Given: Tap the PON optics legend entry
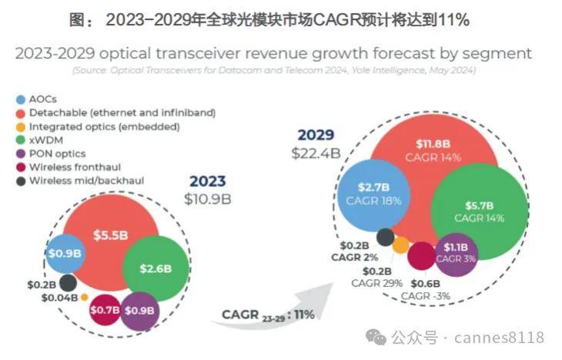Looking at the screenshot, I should [x=58, y=153].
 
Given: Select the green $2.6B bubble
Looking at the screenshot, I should [x=155, y=268].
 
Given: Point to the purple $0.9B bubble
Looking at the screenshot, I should [x=140, y=310].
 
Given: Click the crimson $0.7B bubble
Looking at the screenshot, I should [x=104, y=310].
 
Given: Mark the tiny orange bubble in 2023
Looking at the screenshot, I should [x=84, y=297].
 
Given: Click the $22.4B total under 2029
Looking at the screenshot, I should [x=316, y=152].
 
